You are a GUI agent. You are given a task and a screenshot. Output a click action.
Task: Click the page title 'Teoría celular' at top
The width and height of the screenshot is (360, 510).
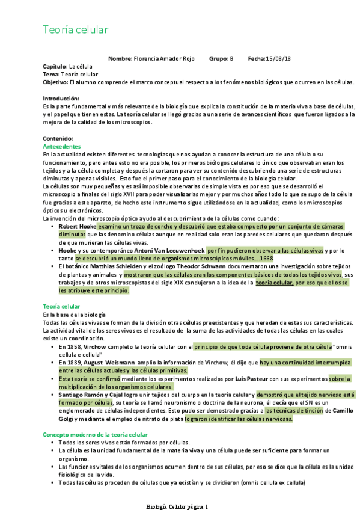pos(75,29)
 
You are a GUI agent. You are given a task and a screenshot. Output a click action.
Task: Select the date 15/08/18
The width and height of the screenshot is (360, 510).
pos(278,58)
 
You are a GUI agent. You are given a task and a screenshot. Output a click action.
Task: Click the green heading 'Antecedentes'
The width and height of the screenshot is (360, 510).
pos(63,146)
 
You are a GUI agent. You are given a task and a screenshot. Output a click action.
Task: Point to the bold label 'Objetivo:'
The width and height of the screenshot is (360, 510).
pos(55,81)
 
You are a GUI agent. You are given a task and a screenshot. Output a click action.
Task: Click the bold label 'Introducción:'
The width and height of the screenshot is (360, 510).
pos(61,98)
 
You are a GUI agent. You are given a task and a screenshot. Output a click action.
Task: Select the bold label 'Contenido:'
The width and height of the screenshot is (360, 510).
pos(58,138)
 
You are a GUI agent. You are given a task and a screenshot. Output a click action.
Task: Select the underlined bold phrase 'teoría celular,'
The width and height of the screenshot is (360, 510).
pos(275,282)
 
